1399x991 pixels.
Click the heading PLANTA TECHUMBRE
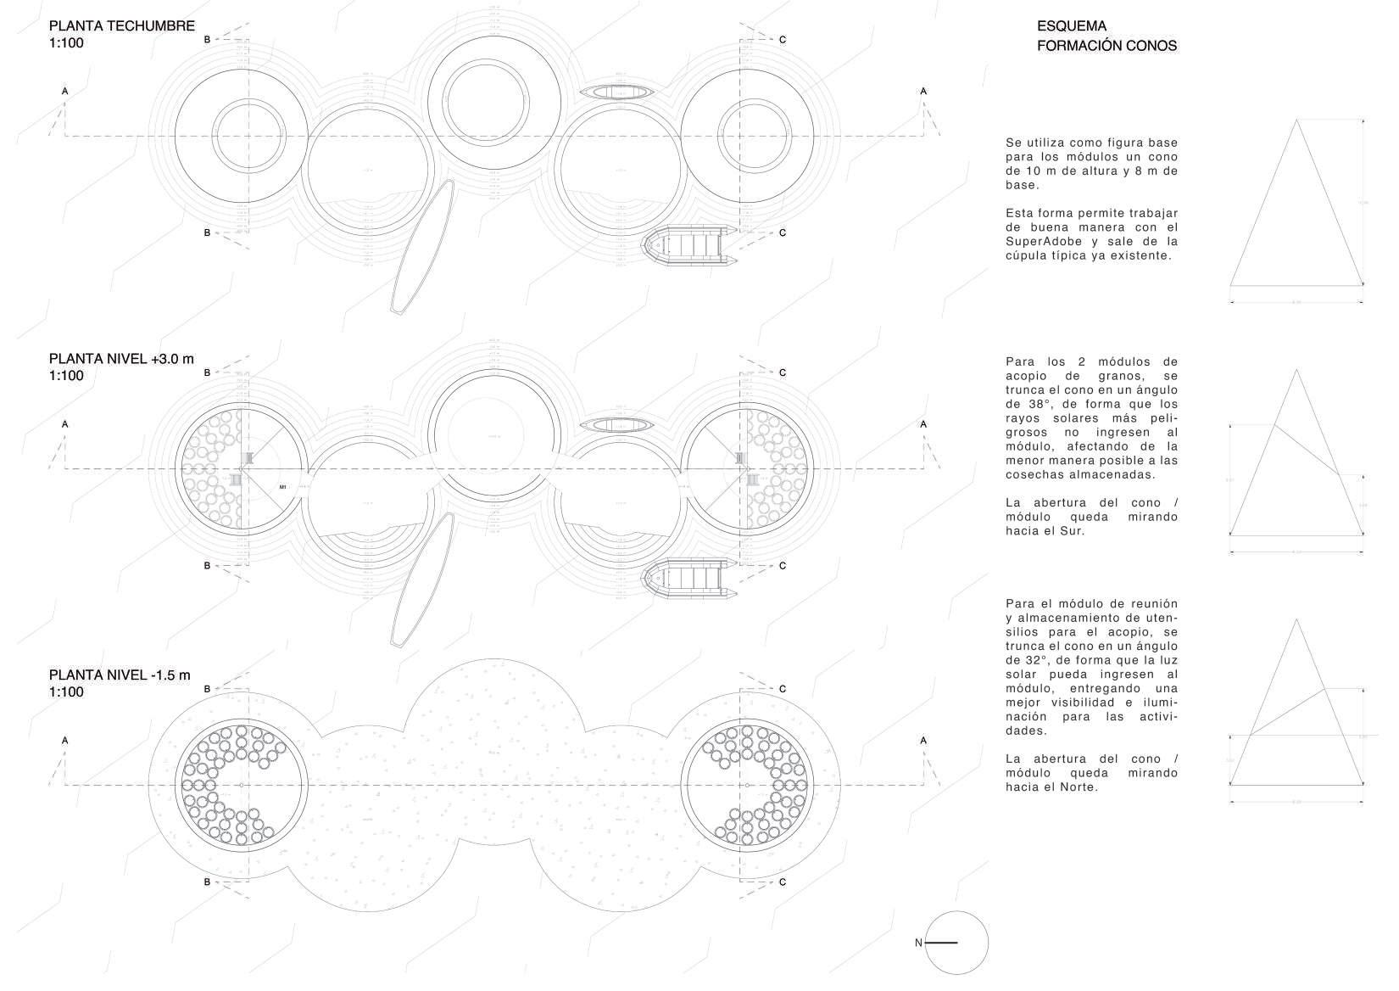(x=122, y=26)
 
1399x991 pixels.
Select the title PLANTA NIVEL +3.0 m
(x=122, y=359)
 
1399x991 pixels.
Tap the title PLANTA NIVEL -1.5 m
(x=120, y=675)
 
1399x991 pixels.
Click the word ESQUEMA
(x=1072, y=27)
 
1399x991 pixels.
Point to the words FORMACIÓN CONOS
(x=1106, y=46)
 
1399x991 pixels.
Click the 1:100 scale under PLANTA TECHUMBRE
(x=67, y=43)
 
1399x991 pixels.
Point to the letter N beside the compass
(x=918, y=943)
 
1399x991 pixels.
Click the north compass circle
(x=957, y=943)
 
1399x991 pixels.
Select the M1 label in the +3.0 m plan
(x=283, y=487)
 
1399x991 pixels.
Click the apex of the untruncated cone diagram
(x=1296, y=120)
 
